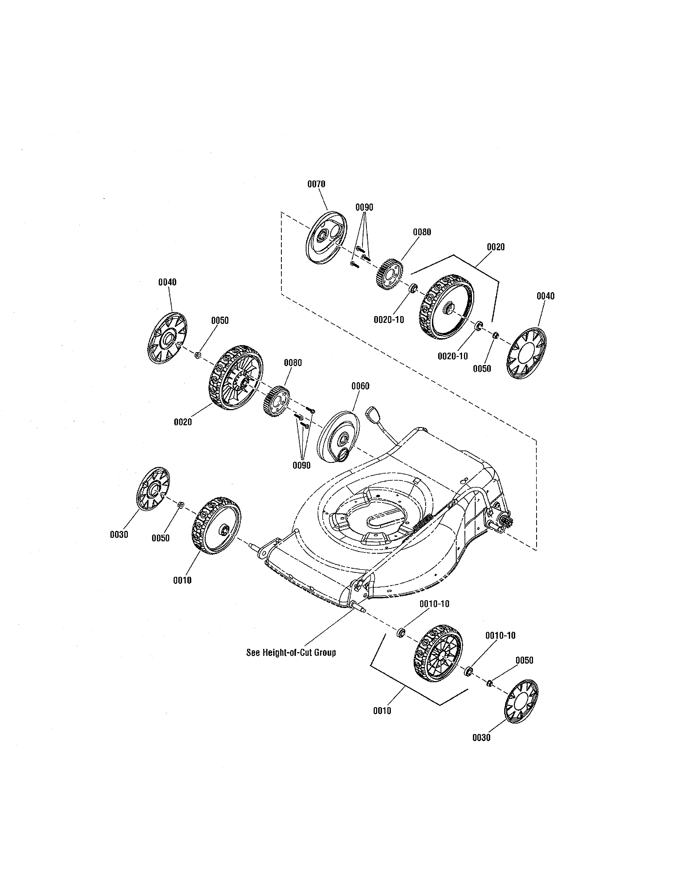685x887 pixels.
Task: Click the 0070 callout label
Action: point(316,184)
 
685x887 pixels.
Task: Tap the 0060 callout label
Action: point(360,386)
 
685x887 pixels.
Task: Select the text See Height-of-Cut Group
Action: point(291,653)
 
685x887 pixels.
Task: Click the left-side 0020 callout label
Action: point(183,422)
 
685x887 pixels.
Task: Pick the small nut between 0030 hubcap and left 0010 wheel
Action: point(181,505)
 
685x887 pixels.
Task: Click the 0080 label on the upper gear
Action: point(422,232)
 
